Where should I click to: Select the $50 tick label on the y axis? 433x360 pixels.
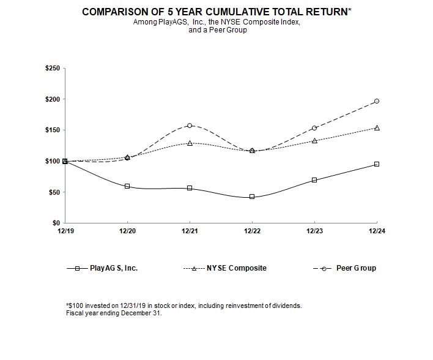click(53, 192)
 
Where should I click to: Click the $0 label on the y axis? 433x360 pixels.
click(55, 223)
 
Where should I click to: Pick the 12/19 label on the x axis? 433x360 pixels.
click(65, 231)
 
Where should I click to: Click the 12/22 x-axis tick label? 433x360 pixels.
click(252, 231)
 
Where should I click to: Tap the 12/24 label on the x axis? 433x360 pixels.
click(377, 231)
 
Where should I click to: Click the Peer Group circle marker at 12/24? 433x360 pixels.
click(377, 101)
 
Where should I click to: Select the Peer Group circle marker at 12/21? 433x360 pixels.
click(190, 126)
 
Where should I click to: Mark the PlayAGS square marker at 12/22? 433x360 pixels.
click(252, 197)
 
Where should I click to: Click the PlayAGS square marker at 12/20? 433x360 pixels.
click(127, 186)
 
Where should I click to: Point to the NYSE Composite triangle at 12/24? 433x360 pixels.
click(377, 128)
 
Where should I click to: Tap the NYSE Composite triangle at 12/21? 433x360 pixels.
click(190, 143)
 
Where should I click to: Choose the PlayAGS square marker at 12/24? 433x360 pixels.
click(377, 164)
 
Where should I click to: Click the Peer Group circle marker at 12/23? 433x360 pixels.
click(314, 128)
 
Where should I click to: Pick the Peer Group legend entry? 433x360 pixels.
click(356, 268)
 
